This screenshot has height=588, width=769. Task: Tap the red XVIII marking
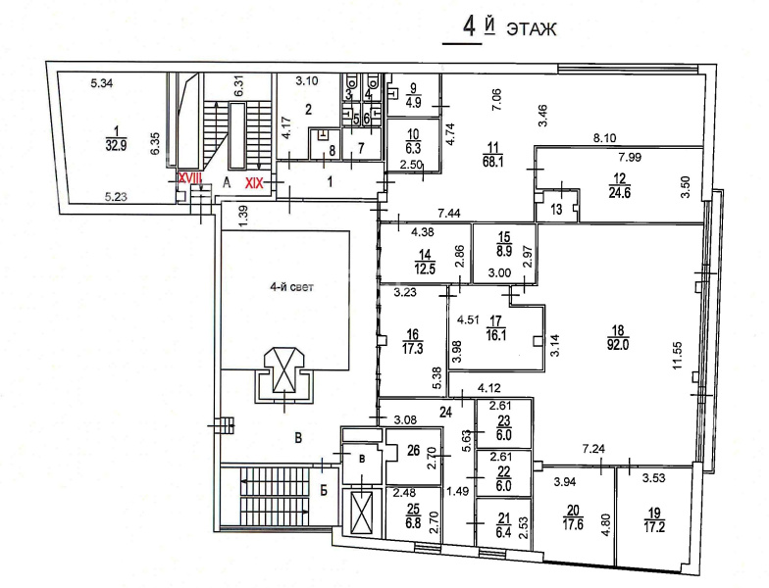pyautogui.click(x=189, y=178)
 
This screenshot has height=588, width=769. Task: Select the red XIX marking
pyautogui.click(x=255, y=183)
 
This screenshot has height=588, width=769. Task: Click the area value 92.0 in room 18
pyautogui.click(x=618, y=345)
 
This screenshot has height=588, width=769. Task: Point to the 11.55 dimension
pyautogui.click(x=679, y=355)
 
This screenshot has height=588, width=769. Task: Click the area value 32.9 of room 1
pyautogui.click(x=116, y=145)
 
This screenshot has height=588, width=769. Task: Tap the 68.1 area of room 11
pyautogui.click(x=492, y=161)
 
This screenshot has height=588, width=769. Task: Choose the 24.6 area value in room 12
pyautogui.click(x=620, y=192)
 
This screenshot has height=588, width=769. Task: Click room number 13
pyautogui.click(x=555, y=210)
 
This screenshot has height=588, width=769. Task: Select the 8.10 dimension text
pyautogui.click(x=604, y=139)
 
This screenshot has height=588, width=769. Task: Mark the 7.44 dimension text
pyautogui.click(x=449, y=214)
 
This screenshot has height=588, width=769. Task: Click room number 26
pyautogui.click(x=414, y=450)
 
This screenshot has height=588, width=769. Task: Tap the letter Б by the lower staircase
pyautogui.click(x=324, y=490)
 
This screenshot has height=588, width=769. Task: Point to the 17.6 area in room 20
pyautogui.click(x=573, y=524)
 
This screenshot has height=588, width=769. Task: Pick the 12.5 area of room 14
pyautogui.click(x=425, y=269)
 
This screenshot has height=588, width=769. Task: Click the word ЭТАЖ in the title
pyautogui.click(x=532, y=29)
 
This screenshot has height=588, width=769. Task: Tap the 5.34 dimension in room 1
pyautogui.click(x=102, y=83)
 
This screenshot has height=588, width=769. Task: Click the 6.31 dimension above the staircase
pyautogui.click(x=239, y=86)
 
